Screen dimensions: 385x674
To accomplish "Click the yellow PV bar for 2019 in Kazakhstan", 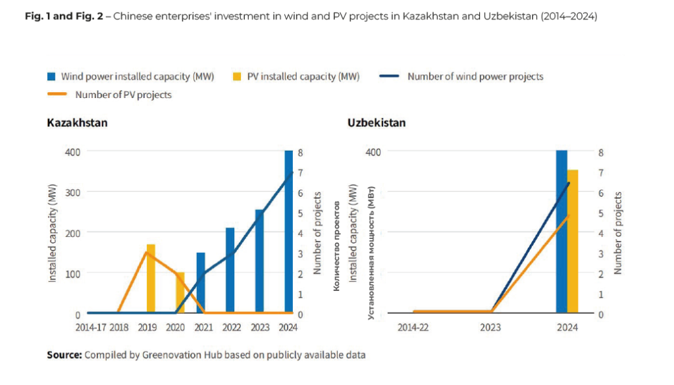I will click(151, 279).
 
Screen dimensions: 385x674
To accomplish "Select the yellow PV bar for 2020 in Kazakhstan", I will click(180, 293).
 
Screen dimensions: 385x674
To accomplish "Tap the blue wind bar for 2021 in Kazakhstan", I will click(201, 283).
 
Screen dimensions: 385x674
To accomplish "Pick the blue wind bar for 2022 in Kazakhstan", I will click(230, 270).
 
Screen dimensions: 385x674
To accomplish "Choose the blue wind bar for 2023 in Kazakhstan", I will click(259, 261).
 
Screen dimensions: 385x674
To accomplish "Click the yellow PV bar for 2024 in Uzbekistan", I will click(573, 242).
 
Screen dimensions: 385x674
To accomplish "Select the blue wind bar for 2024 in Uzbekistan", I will click(561, 232).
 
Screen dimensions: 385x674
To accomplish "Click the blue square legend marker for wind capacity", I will click(51, 76).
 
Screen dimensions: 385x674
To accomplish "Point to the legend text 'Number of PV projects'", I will click(123, 95).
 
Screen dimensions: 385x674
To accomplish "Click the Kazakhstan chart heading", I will click(77, 123).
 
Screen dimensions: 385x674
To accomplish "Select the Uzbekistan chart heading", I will click(376, 123).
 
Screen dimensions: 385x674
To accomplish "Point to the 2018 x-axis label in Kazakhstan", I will click(119, 327).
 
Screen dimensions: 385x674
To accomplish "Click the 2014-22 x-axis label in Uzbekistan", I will click(413, 327).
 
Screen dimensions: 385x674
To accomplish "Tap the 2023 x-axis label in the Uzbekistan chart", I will click(490, 327).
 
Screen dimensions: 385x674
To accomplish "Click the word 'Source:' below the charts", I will click(65, 355).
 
